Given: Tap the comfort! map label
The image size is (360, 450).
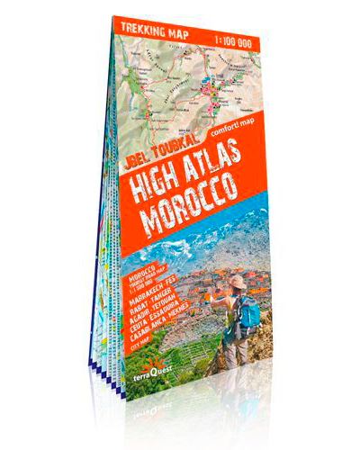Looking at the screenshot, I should tap(237, 132).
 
